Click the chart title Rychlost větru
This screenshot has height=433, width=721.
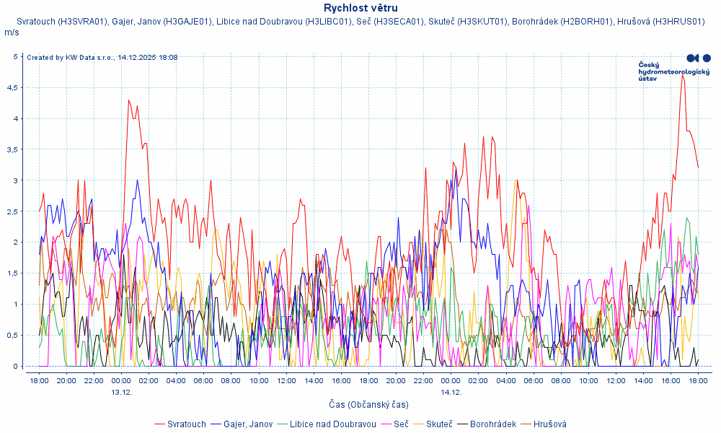click(360, 8)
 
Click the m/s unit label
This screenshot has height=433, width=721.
click(12, 32)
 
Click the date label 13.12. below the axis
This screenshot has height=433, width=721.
click(121, 392)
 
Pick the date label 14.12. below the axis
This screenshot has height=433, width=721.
click(451, 392)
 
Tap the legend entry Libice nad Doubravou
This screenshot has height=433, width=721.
click(332, 424)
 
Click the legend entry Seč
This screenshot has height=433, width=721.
click(401, 424)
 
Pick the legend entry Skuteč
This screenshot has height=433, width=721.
click(439, 424)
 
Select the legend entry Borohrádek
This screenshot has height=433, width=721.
click(492, 424)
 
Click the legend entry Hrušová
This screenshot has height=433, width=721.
click(549, 424)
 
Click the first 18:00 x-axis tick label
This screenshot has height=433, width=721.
click(39, 380)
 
